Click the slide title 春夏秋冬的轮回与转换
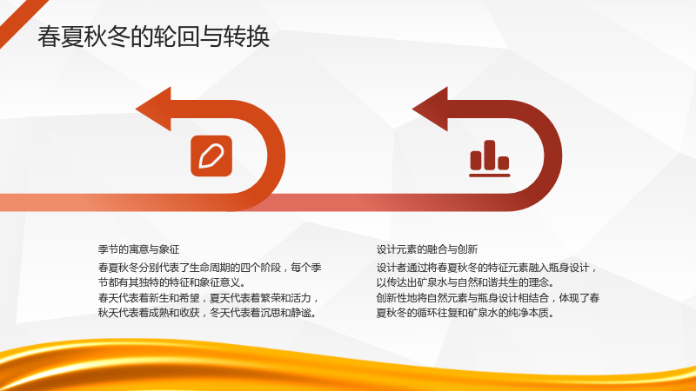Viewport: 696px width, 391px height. click(x=154, y=36)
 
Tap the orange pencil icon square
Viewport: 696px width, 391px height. click(x=211, y=156)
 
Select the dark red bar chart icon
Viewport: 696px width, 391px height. click(x=490, y=158)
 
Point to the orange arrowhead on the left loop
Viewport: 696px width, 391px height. click(x=154, y=109)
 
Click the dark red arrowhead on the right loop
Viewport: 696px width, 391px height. click(x=430, y=109)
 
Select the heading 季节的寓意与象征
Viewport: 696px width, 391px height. click(x=138, y=249)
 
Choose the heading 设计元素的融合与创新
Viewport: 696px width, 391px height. click(x=427, y=249)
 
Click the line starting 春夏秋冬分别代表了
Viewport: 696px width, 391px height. click(x=210, y=268)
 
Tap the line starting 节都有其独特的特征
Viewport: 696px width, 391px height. click(x=171, y=282)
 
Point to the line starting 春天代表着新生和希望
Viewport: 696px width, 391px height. click(x=209, y=297)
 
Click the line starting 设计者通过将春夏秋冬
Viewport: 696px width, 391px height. click(x=487, y=268)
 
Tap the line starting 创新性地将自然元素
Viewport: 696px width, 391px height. click(x=488, y=297)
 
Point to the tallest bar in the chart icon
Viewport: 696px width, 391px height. click(x=490, y=155)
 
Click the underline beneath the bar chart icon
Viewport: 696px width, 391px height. click(x=490, y=176)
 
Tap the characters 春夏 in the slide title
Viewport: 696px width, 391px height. click(x=60, y=36)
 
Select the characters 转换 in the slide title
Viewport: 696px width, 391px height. click(x=247, y=36)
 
